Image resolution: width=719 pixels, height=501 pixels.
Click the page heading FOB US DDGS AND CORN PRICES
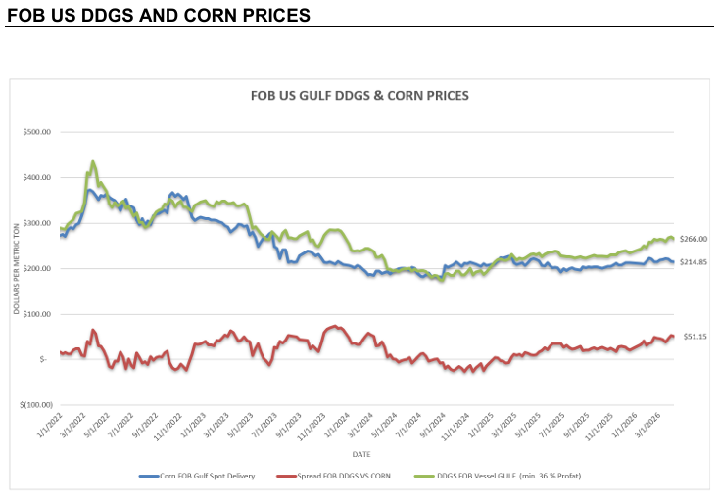[159, 16]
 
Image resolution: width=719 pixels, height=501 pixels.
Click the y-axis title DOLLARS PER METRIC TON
[16, 268]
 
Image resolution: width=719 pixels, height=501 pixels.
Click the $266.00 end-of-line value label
[694, 239]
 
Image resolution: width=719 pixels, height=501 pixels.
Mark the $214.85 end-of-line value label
[694, 262]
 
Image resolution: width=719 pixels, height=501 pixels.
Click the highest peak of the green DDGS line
[93, 161]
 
